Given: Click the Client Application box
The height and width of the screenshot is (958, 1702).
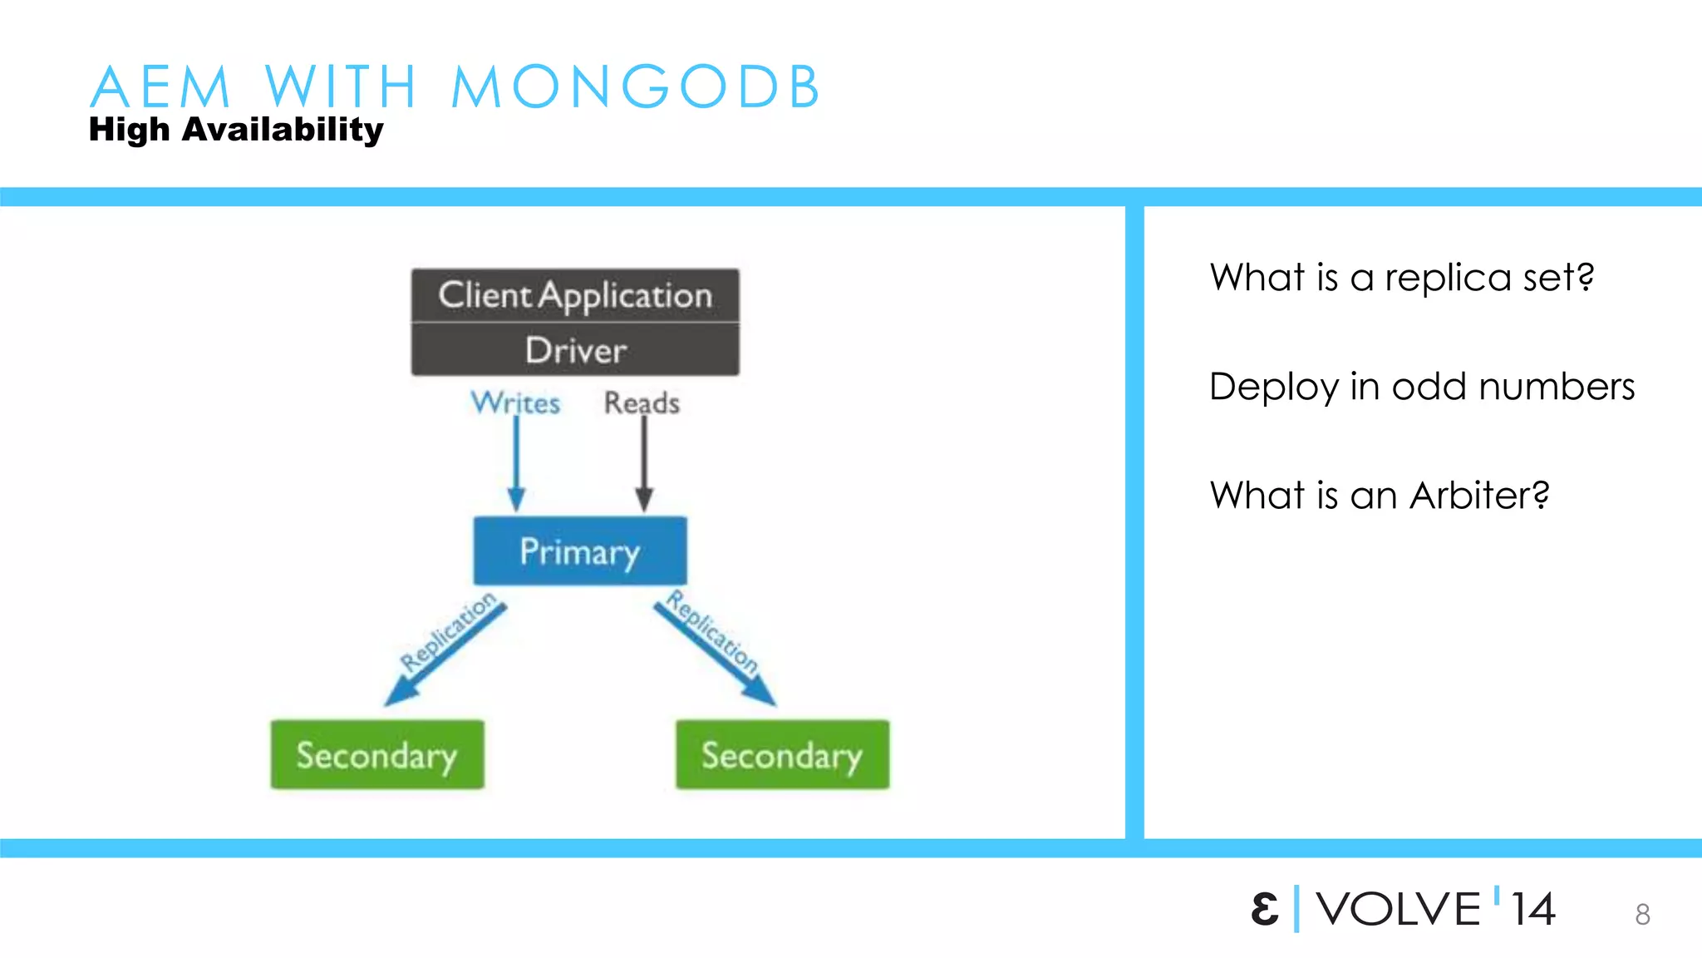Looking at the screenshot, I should pos(575,295).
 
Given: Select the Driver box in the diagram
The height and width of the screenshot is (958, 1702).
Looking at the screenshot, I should pos(575,350).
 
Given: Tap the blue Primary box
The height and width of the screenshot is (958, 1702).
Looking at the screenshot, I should pos(580,551).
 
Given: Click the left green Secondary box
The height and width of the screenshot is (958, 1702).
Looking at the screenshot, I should pos(377,754).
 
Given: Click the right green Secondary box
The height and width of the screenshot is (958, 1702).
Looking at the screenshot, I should pos(782,754).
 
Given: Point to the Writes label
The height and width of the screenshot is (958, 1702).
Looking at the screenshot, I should pos(515,402).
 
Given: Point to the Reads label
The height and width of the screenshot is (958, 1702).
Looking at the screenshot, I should pos(642,402).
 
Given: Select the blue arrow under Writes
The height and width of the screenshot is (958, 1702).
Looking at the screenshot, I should pos(516,466).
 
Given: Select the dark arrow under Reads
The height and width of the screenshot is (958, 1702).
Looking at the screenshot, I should pos(644,466).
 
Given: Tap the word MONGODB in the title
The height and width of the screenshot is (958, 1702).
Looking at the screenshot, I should pos(636,86).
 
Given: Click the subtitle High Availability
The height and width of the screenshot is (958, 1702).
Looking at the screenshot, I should pos(236,130).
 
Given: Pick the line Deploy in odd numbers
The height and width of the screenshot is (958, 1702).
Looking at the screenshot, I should pos(1421,387).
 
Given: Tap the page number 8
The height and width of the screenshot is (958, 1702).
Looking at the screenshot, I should pos(1642,915).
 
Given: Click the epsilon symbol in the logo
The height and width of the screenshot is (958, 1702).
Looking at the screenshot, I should pos(1264,909).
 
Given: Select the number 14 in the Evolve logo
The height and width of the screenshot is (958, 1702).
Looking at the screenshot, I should pos(1532,909).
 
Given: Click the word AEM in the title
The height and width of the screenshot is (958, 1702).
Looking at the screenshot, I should pos(160,86).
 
